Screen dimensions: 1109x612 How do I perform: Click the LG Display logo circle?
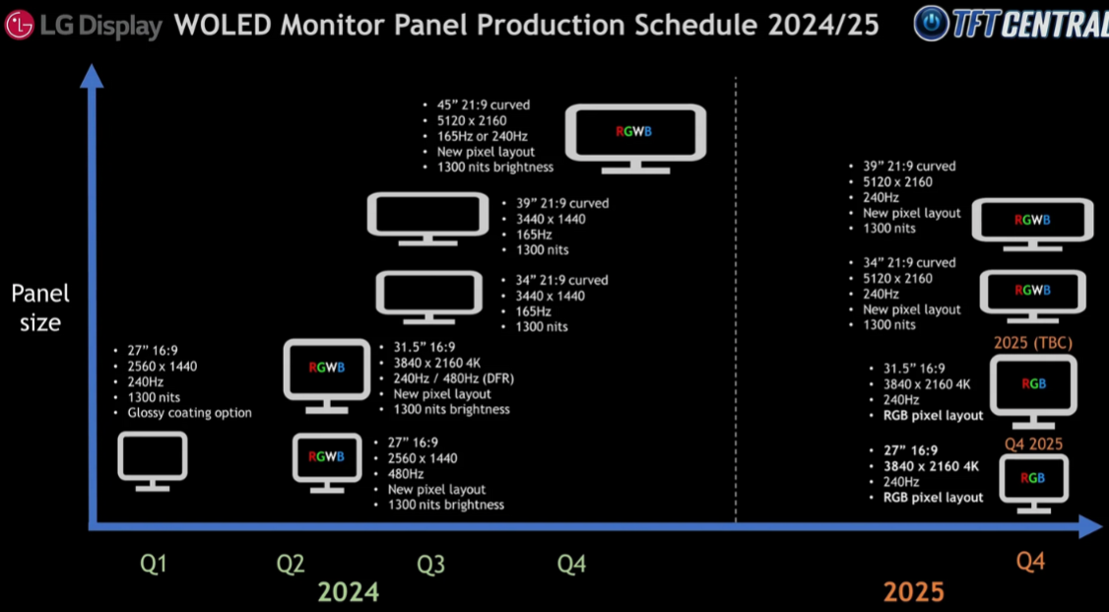[19, 26]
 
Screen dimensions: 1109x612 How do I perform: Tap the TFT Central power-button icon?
[930, 24]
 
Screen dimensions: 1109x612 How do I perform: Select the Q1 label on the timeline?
[154, 564]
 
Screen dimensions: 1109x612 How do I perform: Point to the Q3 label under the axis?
[430, 564]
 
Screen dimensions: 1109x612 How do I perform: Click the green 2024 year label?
[348, 591]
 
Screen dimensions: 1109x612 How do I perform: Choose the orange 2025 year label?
[913, 591]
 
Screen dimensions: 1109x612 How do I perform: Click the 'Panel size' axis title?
[40, 307]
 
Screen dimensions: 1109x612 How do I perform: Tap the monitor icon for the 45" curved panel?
[636, 140]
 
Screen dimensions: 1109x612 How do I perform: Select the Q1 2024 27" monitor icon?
[153, 461]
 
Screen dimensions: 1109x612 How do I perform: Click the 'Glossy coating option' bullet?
[189, 413]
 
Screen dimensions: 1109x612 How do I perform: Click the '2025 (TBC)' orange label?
[1032, 344]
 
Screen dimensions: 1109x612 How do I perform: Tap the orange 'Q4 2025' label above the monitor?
[1033, 444]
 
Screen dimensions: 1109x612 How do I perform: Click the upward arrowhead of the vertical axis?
[92, 76]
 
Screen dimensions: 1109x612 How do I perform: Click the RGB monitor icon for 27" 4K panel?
[1032, 484]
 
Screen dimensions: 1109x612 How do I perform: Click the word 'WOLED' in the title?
[223, 26]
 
